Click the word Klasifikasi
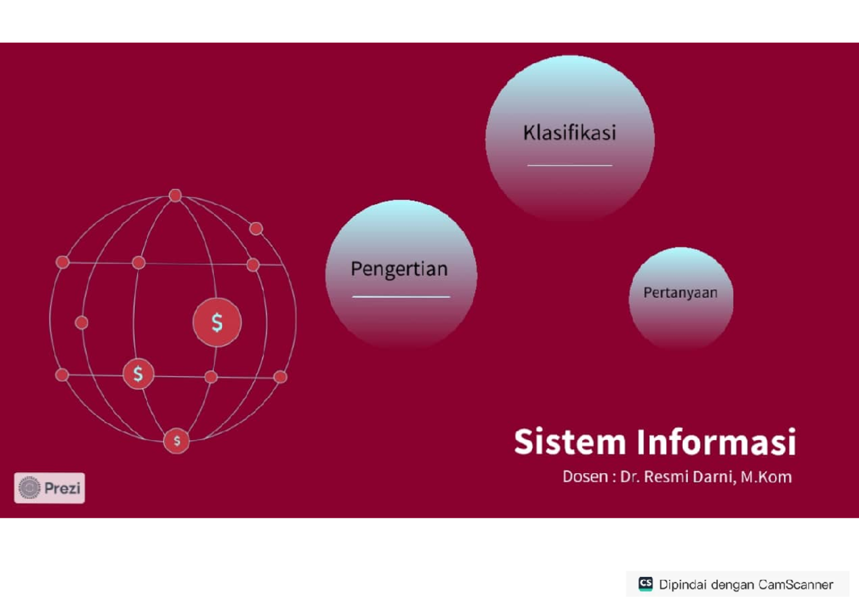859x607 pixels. pos(570,133)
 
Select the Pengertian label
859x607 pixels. pos(399,269)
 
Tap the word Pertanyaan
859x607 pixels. pos(680,293)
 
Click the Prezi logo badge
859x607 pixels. pos(49,488)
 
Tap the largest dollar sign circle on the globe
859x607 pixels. pos(217,323)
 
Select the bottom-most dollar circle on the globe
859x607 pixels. pos(177,441)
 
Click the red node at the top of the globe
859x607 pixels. pos(175,195)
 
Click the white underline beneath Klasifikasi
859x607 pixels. pos(570,165)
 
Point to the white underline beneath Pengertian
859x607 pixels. pos(401,296)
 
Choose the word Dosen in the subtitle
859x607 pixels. pos(585,477)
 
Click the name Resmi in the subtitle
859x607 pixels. pos(668,477)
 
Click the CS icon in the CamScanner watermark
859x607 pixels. pos(645,583)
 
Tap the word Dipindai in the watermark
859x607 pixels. pos(683,584)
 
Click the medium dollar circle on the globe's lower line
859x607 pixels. pos(138,373)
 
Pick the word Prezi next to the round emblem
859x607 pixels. pos(63,489)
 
